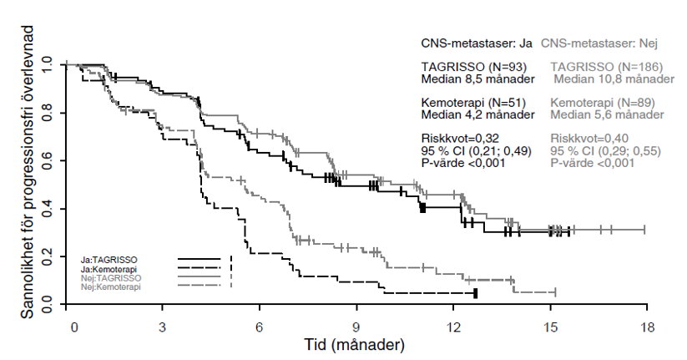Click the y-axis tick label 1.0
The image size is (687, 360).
tap(46, 63)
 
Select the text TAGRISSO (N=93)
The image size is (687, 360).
tap(473, 67)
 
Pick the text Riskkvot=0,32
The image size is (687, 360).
tap(461, 138)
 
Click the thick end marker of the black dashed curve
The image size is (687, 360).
tap(475, 293)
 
